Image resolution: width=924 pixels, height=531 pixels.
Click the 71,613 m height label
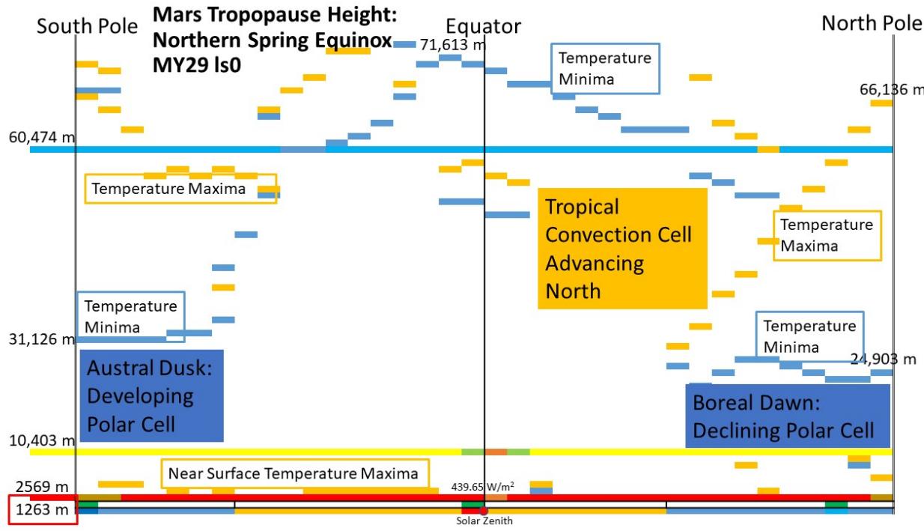[452, 45]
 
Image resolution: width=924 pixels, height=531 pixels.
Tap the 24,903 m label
[884, 359]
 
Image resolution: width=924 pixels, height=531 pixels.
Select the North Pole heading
[872, 23]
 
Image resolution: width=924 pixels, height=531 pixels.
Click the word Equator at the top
[484, 26]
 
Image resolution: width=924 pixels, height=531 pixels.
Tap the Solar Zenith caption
[484, 521]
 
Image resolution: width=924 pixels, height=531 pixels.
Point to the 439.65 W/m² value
[482, 486]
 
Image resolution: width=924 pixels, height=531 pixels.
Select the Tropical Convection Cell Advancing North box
[622, 248]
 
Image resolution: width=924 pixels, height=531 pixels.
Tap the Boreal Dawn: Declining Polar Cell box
[788, 416]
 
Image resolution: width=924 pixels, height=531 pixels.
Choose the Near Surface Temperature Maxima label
[293, 473]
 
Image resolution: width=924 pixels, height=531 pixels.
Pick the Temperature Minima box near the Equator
[605, 68]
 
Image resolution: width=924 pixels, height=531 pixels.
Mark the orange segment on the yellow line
[496, 452]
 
